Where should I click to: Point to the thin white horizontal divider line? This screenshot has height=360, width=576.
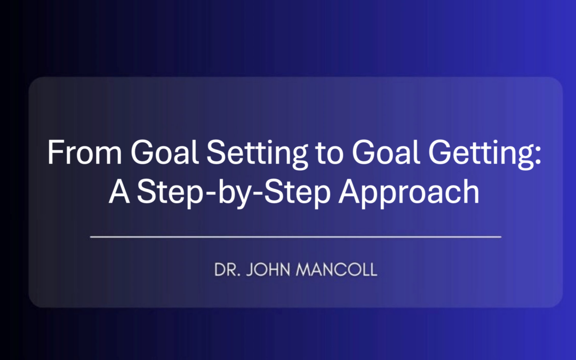point(295,236)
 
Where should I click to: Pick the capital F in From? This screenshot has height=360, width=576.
point(54,154)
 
